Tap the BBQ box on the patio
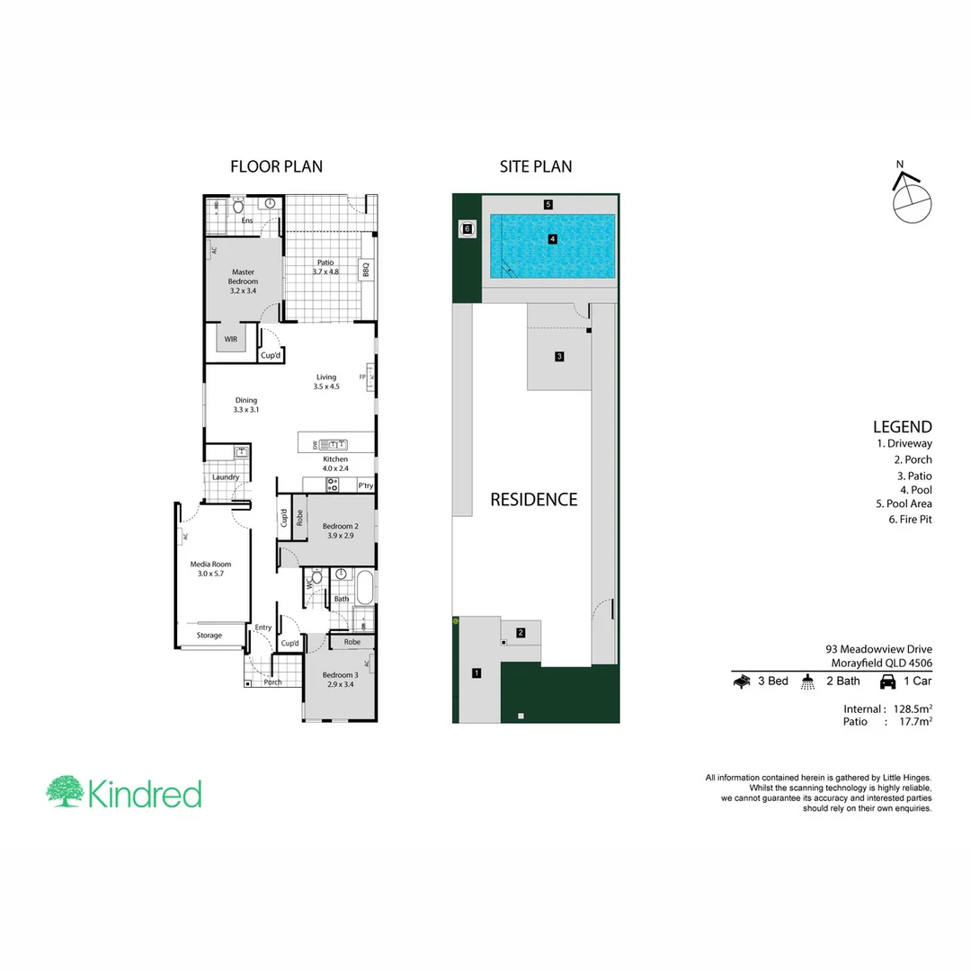point(366,268)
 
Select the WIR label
point(231,339)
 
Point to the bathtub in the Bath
point(364,589)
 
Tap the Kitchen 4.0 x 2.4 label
point(335,464)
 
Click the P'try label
point(365,486)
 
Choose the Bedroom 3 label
point(342,681)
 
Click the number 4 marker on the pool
point(553,239)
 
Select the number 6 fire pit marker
point(467,229)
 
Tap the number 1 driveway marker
point(477,672)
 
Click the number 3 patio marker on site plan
point(559,357)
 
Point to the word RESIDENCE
point(533,500)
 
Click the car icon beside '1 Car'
point(887,681)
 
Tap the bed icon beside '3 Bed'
point(743,681)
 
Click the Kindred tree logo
point(65,792)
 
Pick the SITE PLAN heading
point(536,166)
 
